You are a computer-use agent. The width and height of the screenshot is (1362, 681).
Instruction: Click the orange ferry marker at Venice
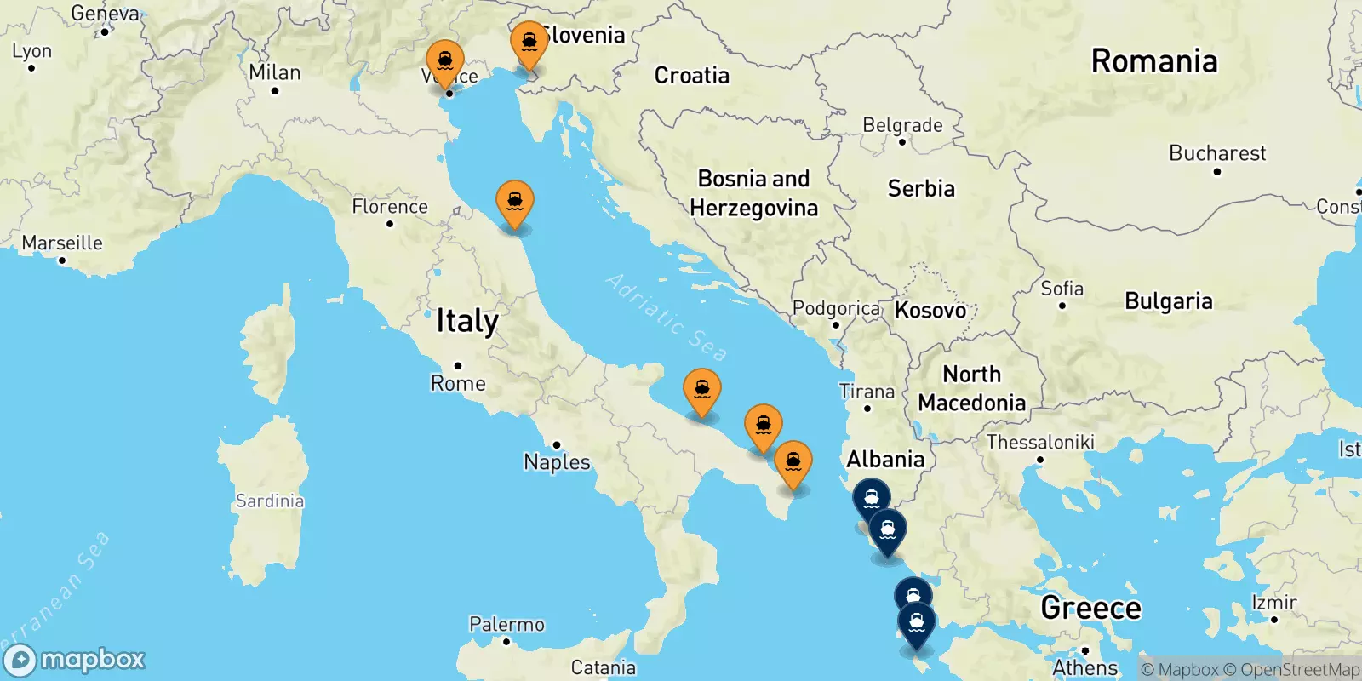point(444,62)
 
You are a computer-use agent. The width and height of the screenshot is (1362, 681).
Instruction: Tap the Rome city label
point(458,383)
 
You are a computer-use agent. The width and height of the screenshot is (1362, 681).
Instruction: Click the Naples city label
point(557,462)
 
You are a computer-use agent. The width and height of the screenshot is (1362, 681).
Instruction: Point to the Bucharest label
point(1217,153)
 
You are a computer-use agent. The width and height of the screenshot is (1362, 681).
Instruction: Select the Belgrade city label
point(902,125)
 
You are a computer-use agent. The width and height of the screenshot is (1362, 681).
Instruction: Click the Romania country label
point(1154,61)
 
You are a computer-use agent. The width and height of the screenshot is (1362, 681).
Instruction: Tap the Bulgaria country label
point(1168,301)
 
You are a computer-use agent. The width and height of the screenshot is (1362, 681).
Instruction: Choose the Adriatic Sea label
point(667,318)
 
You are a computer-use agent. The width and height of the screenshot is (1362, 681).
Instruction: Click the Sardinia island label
point(270,501)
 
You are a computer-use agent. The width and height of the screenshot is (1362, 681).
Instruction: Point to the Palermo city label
point(506,625)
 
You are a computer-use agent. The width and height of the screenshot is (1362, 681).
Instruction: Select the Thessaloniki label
point(1040,442)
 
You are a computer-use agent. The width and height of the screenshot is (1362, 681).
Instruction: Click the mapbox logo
point(75,660)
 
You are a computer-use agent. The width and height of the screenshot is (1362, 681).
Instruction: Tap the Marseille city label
point(62,243)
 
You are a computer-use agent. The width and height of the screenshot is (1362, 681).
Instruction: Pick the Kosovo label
point(930,310)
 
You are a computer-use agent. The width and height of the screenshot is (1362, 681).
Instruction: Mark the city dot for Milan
point(275,90)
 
